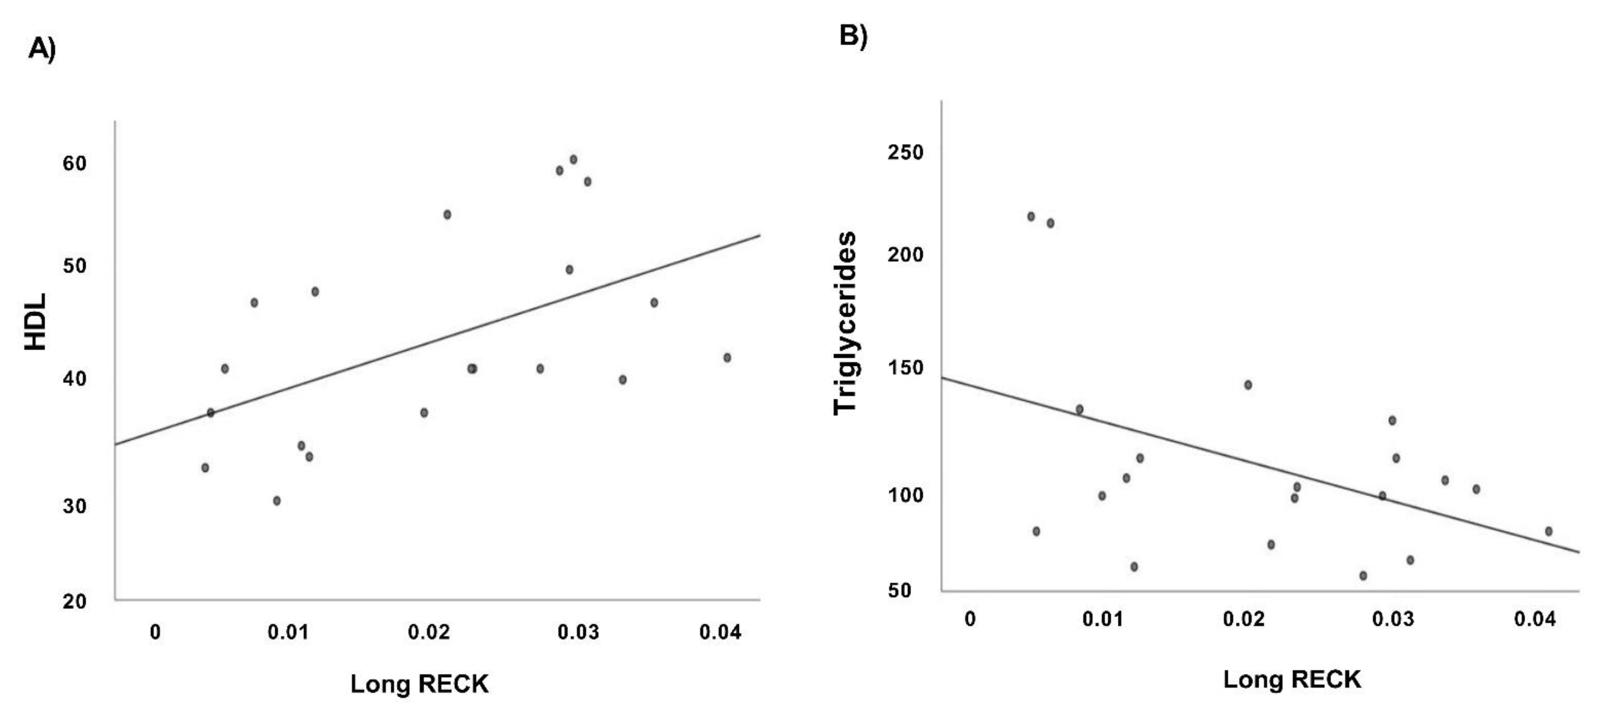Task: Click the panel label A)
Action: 42,49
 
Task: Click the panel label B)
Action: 853,35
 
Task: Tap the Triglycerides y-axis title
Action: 845,323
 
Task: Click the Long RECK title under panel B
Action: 1292,679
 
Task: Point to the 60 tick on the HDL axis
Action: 74,163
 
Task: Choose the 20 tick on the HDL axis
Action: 74,601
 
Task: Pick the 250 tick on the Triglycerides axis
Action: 905,152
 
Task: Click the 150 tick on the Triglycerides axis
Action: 905,367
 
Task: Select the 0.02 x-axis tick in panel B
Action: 1243,619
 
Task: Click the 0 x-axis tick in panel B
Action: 969,619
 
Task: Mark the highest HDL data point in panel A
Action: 573,160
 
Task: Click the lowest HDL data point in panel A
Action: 277,501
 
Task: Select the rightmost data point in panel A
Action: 726,358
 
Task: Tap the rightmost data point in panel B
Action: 1548,531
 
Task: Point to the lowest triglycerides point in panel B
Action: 1362,576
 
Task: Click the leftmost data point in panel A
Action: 205,468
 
